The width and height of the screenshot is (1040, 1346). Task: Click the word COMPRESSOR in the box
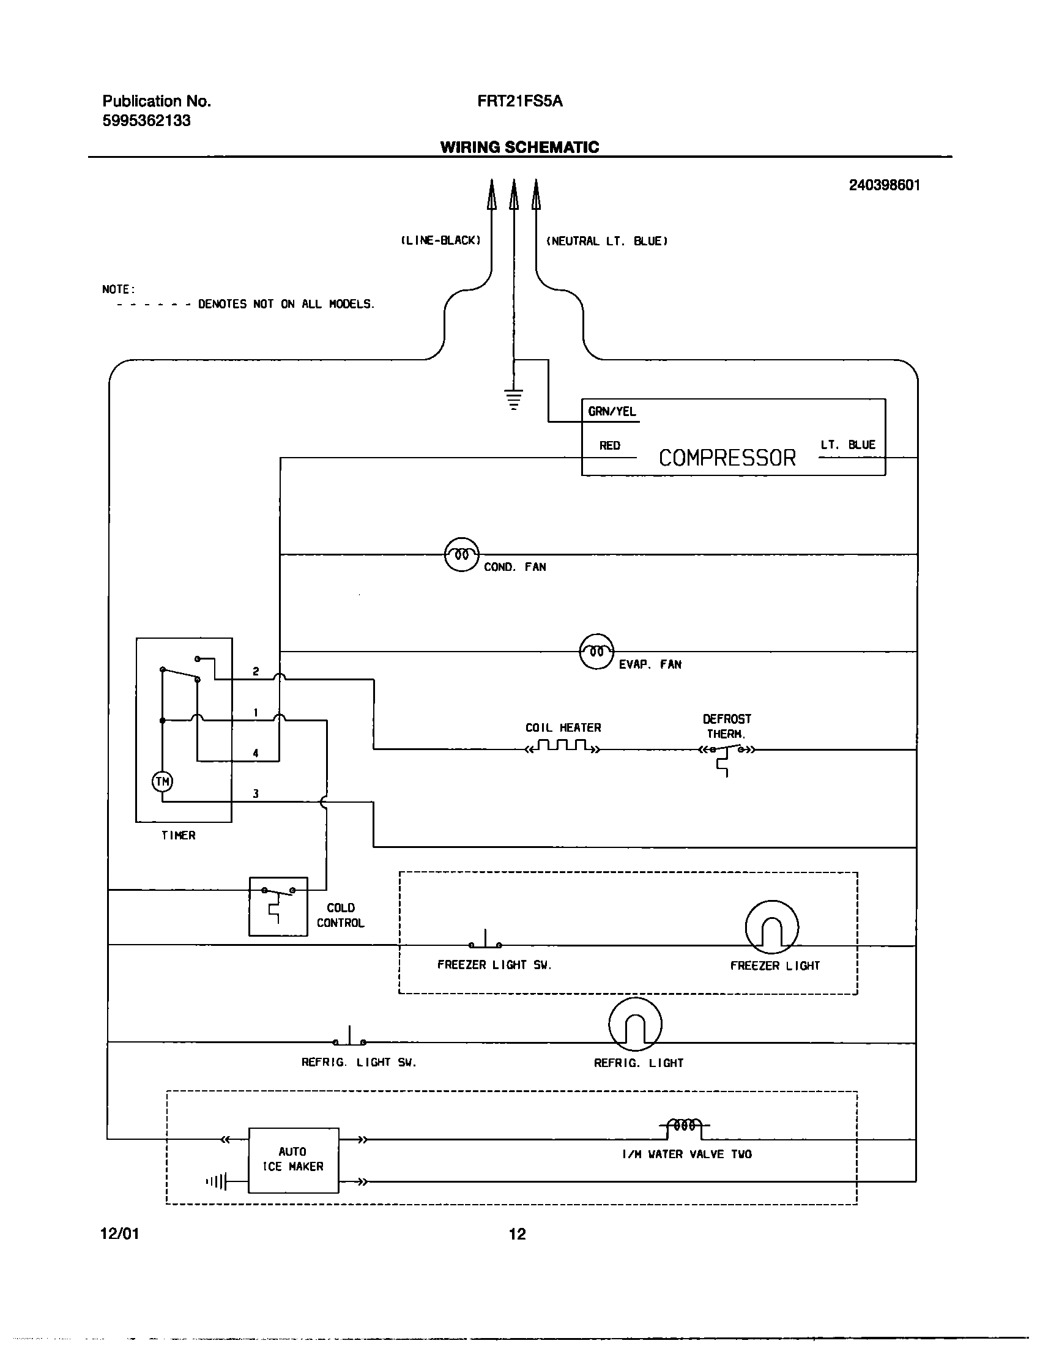(727, 458)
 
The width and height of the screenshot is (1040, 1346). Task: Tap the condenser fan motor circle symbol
(461, 555)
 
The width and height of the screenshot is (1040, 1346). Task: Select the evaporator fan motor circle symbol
(596, 652)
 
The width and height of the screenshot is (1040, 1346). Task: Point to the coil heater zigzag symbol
(561, 746)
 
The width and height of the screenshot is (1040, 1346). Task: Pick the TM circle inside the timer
(162, 781)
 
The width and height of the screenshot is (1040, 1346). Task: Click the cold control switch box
(278, 906)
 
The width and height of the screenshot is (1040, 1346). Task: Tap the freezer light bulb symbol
(771, 927)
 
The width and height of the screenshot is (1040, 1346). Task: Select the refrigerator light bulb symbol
(635, 1024)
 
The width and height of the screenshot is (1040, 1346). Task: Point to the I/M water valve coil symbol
(685, 1125)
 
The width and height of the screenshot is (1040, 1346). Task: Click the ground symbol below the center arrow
(513, 399)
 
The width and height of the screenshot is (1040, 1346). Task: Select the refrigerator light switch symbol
(349, 1039)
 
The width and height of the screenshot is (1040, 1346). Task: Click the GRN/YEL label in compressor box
(611, 412)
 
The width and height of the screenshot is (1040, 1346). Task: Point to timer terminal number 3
(256, 794)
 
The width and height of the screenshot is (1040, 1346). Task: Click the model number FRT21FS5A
(519, 102)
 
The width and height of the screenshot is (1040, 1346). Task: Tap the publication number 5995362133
(146, 121)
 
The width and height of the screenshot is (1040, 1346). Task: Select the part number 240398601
(884, 185)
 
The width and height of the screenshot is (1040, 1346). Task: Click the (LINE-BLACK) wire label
(440, 241)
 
